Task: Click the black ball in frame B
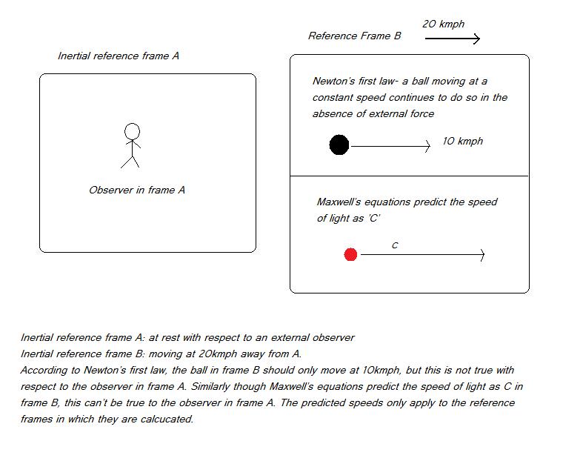(x=339, y=145)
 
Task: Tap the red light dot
(x=351, y=255)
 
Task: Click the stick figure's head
(x=132, y=132)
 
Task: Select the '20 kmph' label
(x=443, y=24)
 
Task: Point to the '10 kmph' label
(x=462, y=141)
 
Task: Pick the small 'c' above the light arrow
(x=395, y=245)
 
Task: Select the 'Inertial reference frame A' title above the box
(x=119, y=56)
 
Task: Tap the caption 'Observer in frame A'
(x=137, y=190)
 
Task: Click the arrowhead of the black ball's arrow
(x=427, y=146)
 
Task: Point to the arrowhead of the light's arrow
(x=482, y=255)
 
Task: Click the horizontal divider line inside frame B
(x=409, y=176)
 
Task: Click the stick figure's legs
(x=130, y=160)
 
